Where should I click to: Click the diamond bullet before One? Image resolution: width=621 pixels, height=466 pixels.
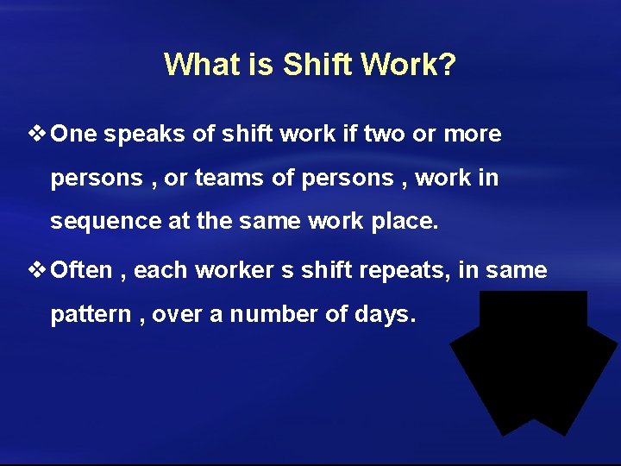point(38,134)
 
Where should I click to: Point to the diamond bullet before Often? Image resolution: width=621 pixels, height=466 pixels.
point(38,270)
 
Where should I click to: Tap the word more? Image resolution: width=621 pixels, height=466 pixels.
point(472,135)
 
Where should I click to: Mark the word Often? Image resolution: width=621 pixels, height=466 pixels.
point(82,271)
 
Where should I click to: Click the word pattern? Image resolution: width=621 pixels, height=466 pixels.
point(90,315)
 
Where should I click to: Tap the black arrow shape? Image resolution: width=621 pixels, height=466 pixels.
point(533,362)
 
